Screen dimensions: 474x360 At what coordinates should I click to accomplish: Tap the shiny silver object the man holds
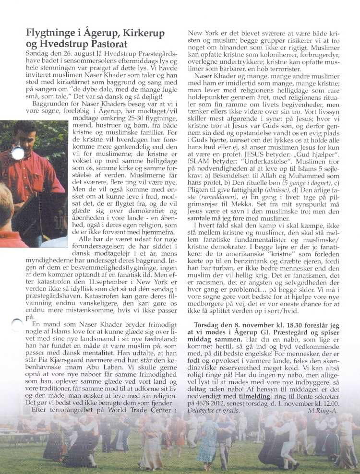pyautogui.click(x=18, y=153)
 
